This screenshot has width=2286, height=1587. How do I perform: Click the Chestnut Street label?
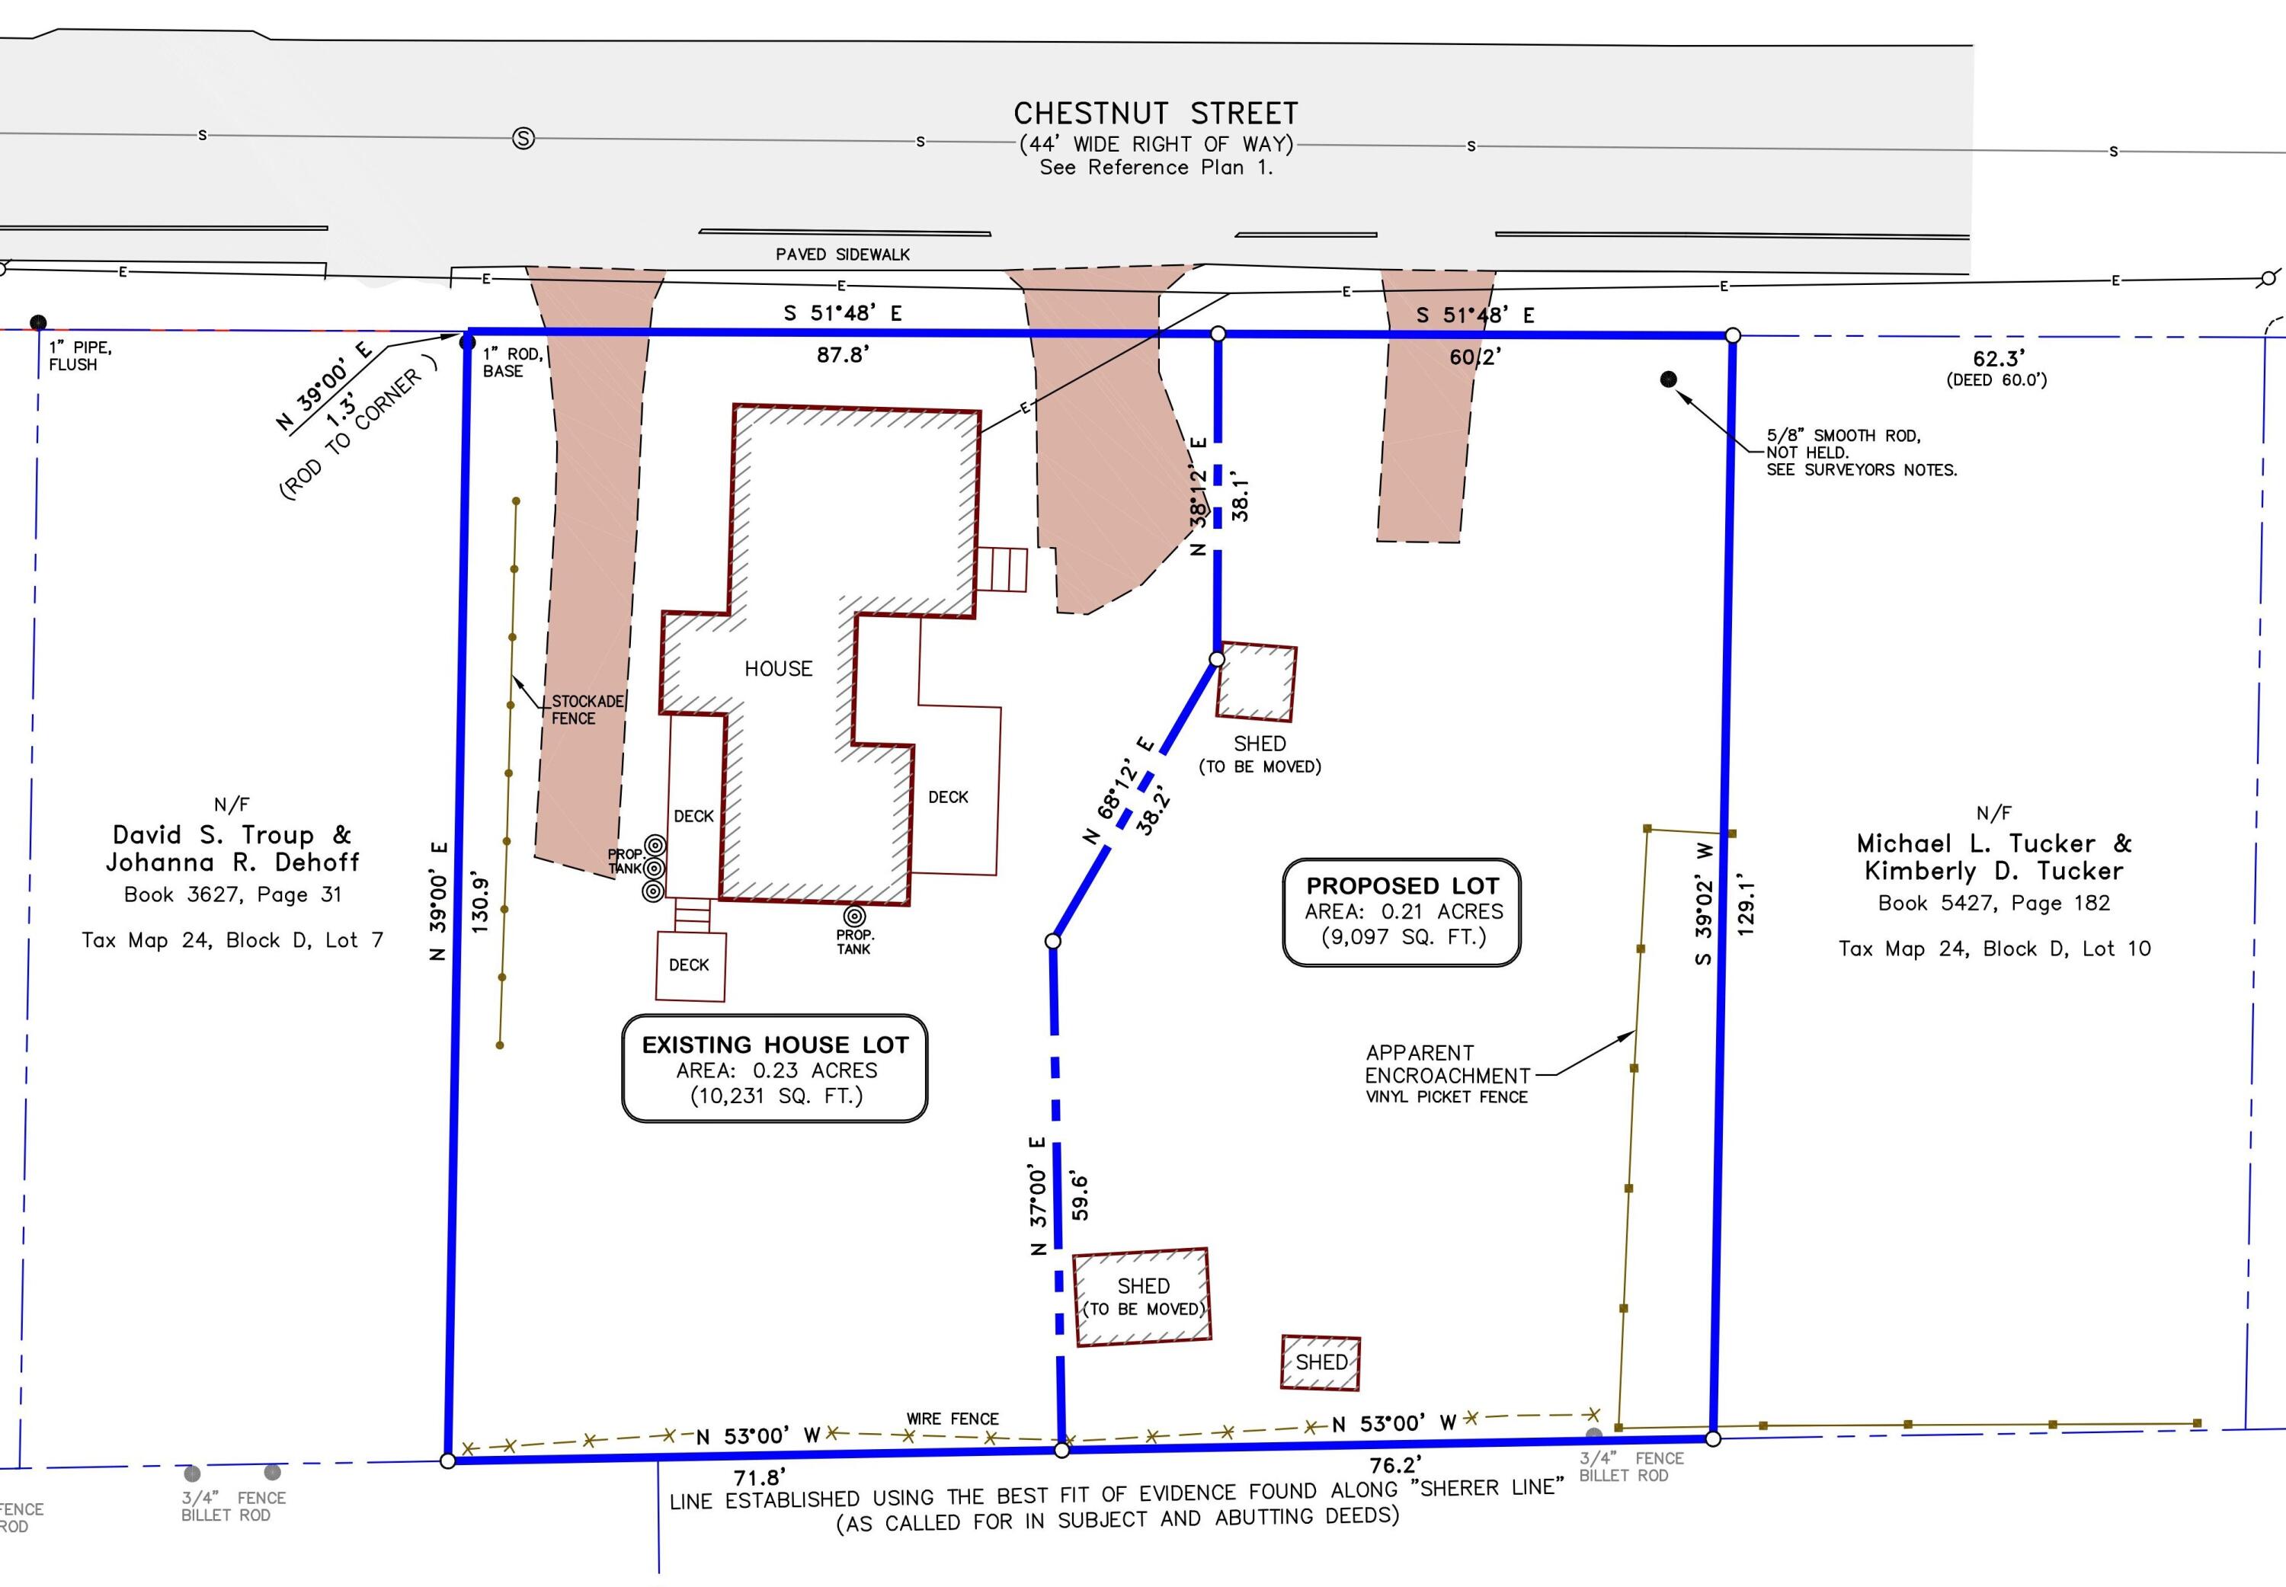1155,114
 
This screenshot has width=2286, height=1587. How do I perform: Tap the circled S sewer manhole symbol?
523,138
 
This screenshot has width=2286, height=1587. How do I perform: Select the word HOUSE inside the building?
779,669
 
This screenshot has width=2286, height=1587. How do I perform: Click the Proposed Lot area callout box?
1401,912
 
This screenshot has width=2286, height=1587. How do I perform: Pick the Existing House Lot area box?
775,1069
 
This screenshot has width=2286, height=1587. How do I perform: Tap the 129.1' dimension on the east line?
1746,905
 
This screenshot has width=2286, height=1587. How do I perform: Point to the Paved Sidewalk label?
842,254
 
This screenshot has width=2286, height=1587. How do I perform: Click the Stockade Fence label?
588,710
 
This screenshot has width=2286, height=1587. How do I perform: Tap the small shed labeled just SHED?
1321,1362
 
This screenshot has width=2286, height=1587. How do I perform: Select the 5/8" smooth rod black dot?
1669,379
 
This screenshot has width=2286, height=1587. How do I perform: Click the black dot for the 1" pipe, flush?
38,322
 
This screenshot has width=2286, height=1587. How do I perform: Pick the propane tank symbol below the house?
854,916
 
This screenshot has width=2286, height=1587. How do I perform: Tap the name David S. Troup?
232,835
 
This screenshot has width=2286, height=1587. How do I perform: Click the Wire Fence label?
952,1419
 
